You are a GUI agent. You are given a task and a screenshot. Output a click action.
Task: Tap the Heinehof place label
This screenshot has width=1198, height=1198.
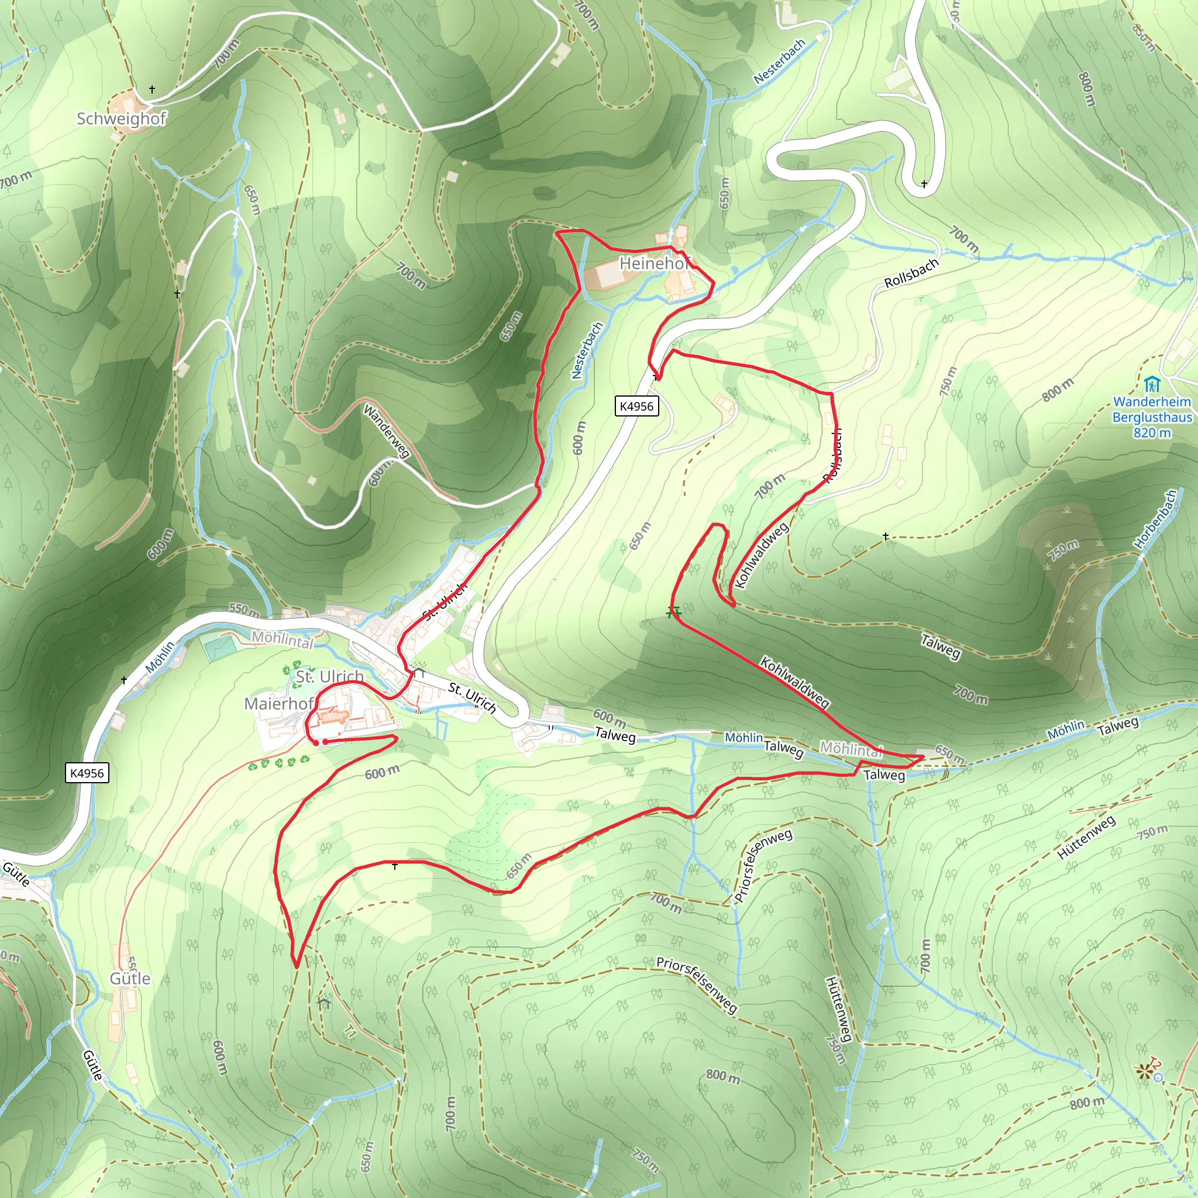[653, 264]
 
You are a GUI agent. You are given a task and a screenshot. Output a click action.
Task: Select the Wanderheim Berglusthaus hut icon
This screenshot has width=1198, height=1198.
[1152, 384]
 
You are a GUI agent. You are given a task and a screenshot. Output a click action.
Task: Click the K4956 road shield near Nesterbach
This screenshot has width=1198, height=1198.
[637, 407]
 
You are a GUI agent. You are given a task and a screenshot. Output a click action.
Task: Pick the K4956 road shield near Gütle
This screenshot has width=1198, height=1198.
[87, 773]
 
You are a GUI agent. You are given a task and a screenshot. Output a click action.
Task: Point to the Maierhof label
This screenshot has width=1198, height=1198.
[278, 704]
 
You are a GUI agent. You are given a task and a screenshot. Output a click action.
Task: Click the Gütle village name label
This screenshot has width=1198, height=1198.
[130, 979]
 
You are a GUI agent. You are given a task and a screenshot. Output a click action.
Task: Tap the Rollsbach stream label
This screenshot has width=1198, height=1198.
[911, 273]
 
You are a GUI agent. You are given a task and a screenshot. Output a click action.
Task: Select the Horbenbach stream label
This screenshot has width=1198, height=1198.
[1155, 519]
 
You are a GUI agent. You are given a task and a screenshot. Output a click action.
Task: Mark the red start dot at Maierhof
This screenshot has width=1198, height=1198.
[316, 742]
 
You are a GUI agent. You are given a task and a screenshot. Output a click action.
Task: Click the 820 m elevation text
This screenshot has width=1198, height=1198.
[1152, 433]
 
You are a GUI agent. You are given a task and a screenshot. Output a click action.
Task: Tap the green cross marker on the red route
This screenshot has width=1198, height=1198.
[673, 612]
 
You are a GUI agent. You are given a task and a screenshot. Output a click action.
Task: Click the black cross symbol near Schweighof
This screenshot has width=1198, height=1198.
[152, 89]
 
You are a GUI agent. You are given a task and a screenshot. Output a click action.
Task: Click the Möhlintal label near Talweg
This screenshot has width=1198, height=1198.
[851, 750]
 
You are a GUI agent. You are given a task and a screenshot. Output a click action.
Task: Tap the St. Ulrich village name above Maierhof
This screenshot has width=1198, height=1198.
[329, 677]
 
